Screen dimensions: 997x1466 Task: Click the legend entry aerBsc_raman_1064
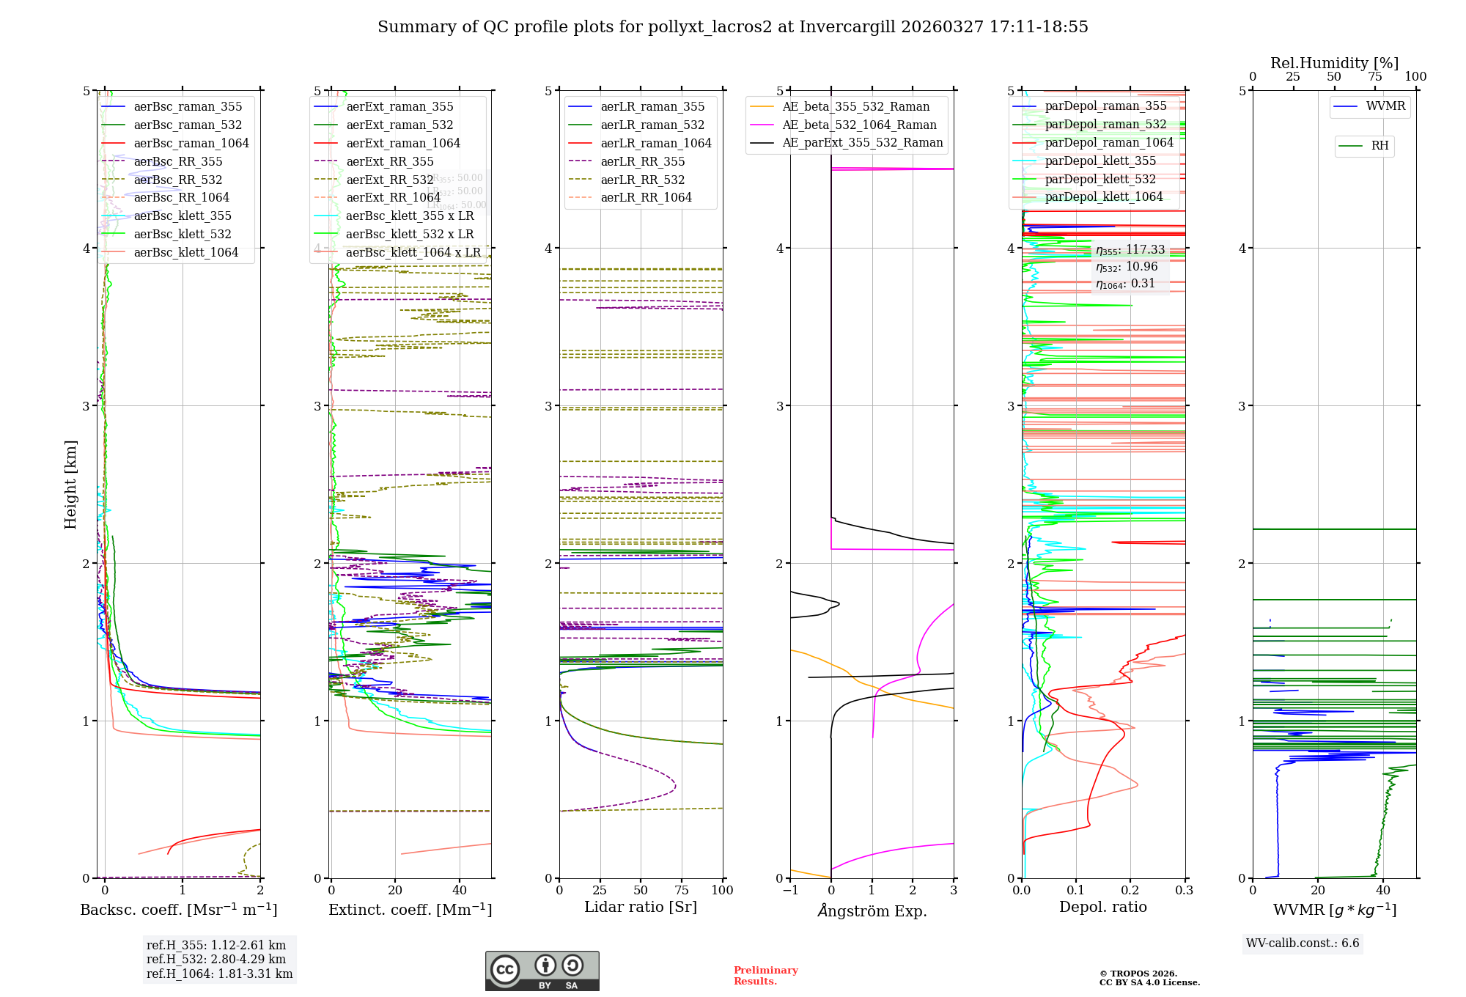(x=191, y=143)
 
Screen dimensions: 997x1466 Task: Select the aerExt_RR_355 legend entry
(x=389, y=161)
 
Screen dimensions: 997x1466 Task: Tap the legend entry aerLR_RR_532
(x=642, y=180)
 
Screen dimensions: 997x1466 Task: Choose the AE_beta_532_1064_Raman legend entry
(x=859, y=125)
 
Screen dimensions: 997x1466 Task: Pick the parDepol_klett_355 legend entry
(x=1099, y=161)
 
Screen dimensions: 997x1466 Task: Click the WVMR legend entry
(x=1385, y=106)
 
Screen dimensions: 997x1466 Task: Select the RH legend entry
(x=1380, y=146)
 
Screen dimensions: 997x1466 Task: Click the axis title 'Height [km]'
(x=70, y=485)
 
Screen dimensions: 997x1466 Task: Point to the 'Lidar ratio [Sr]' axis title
(x=641, y=907)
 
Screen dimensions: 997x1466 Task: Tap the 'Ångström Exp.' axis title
(x=872, y=910)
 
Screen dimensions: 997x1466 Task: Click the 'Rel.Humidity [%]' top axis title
(x=1334, y=63)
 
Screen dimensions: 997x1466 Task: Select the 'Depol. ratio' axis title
(x=1103, y=907)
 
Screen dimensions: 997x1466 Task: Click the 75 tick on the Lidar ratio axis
(x=682, y=890)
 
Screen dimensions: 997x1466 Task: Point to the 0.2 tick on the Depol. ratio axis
(x=1130, y=890)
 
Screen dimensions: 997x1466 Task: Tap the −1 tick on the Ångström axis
(x=790, y=890)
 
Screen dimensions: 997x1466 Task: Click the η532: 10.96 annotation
(x=1127, y=267)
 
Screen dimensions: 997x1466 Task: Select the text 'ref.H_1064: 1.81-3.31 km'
(x=219, y=974)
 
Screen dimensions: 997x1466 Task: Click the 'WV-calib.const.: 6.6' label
(x=1303, y=943)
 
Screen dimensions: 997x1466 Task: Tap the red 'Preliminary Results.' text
(x=765, y=976)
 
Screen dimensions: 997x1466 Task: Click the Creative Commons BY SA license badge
(x=542, y=971)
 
